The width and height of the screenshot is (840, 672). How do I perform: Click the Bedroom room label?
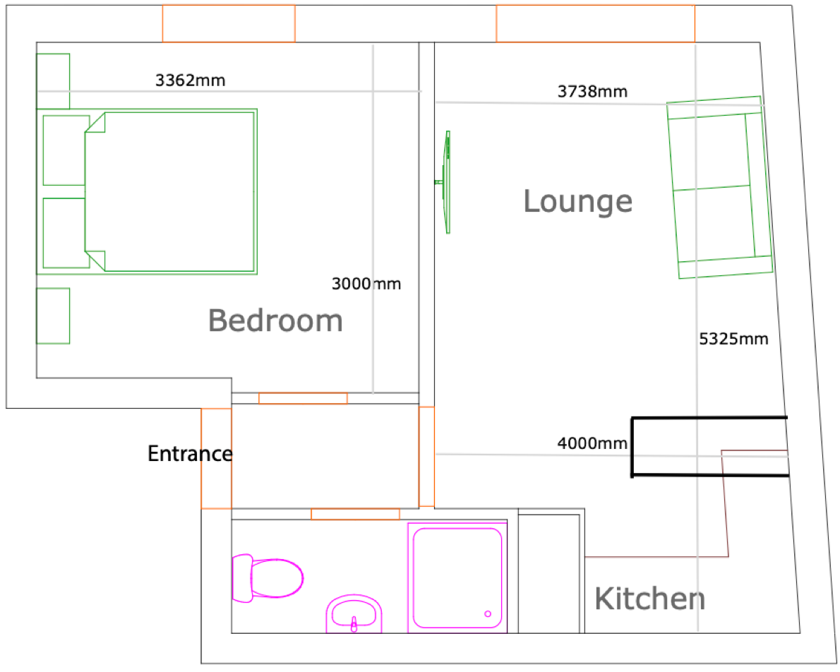tap(275, 320)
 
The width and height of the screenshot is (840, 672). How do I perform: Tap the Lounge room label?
tap(578, 201)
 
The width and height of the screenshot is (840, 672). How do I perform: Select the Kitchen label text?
tap(650, 599)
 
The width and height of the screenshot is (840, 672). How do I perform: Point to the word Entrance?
tap(190, 454)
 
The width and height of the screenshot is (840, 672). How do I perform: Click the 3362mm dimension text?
tap(190, 80)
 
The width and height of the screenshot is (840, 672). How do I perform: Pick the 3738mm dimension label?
tap(592, 92)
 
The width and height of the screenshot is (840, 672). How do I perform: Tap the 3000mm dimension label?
tap(366, 284)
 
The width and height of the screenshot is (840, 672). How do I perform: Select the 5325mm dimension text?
tap(734, 339)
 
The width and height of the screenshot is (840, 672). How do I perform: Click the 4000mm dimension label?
tap(592, 443)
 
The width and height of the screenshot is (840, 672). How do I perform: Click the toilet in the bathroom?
tap(268, 578)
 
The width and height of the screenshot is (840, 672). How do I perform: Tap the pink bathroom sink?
tap(354, 613)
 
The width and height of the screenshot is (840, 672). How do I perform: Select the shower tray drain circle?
tap(488, 614)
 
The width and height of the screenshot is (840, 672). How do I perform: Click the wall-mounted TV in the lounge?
tap(445, 182)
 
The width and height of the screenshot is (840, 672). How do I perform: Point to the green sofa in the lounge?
tap(719, 188)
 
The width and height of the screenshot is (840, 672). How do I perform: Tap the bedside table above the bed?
tap(53, 81)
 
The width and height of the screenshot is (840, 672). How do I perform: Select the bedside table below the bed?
tap(53, 316)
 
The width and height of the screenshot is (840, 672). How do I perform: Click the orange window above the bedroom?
tap(229, 23)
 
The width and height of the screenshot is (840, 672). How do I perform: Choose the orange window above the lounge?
tap(596, 23)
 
